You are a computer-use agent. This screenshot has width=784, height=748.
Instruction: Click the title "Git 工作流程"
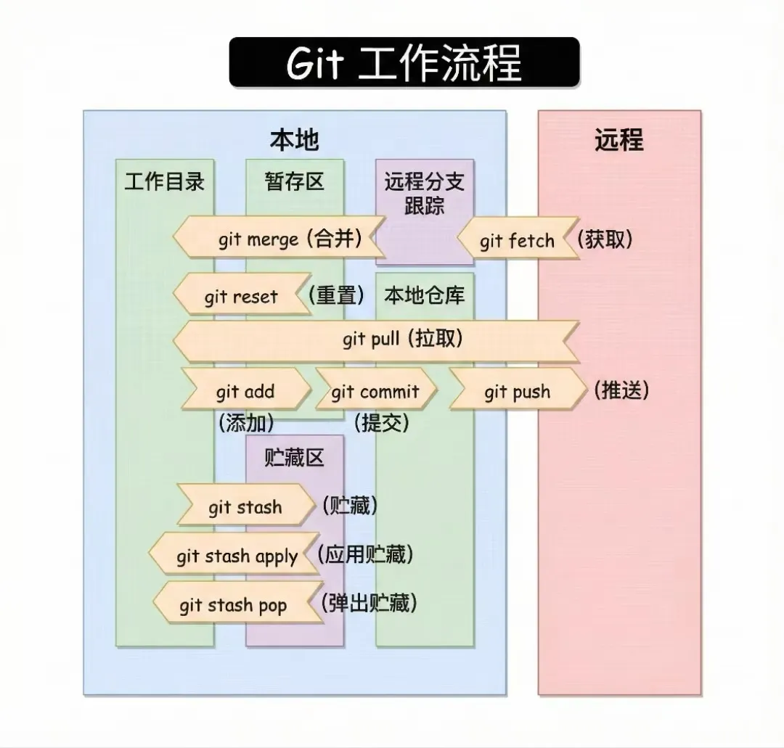[x=404, y=63]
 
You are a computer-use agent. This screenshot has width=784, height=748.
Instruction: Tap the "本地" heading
[x=294, y=139]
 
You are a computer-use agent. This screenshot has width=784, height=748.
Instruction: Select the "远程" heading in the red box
[x=619, y=139]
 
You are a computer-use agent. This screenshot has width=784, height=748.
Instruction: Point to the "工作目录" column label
[x=165, y=181]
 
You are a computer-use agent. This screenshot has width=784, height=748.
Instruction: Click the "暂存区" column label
[x=294, y=181]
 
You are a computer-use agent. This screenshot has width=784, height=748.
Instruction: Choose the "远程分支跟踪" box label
[x=424, y=193]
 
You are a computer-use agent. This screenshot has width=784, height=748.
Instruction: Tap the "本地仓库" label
[x=425, y=295]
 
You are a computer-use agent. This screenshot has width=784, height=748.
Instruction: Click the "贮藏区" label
[x=294, y=457]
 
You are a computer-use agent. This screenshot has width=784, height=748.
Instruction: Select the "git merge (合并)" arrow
[x=279, y=239]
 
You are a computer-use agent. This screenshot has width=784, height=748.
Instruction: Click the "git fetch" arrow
[x=517, y=241]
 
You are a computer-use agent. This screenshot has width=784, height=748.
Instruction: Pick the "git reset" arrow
[x=240, y=297]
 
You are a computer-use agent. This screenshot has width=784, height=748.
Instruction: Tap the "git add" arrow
[x=245, y=393]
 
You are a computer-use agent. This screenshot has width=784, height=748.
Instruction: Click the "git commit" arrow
[x=375, y=393]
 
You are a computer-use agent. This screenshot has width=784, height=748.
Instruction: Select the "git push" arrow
[x=517, y=393]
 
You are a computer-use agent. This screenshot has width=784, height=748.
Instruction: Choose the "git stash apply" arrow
[x=236, y=556]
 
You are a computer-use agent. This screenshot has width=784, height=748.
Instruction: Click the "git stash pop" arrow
[x=234, y=605]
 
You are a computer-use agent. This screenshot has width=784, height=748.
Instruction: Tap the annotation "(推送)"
[x=621, y=390]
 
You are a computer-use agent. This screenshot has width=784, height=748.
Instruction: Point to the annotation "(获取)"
[x=605, y=239]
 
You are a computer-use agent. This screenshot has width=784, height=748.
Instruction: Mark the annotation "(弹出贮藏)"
[x=369, y=603]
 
